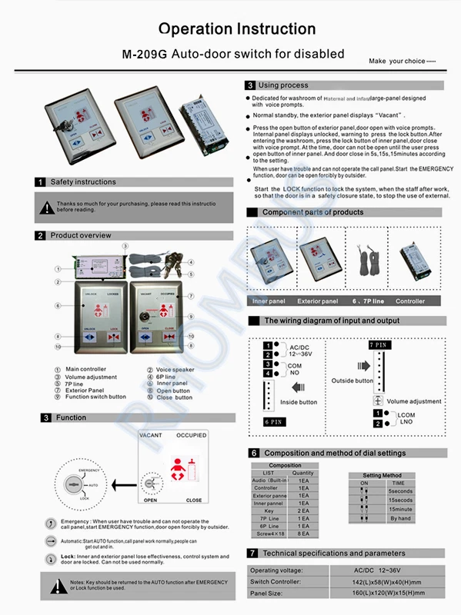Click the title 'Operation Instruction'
coord(236,29)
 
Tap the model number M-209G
coord(145,55)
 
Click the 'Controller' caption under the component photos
coord(410,301)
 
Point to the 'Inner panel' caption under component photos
coord(269,301)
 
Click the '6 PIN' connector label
coord(272,422)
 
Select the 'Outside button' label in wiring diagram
coord(352,381)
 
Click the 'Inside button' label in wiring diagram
coord(299,402)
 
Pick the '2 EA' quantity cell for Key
coord(303,510)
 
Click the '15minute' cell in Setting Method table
coord(399,509)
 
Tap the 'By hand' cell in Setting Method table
coord(399,519)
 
